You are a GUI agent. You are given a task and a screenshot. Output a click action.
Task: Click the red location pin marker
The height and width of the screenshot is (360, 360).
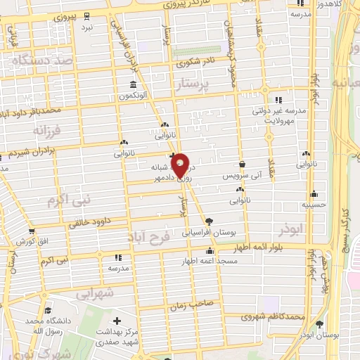pyautogui.click(x=180, y=165)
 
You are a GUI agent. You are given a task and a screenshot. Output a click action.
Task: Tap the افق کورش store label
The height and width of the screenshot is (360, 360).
pyautogui.click(x=32, y=241)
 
